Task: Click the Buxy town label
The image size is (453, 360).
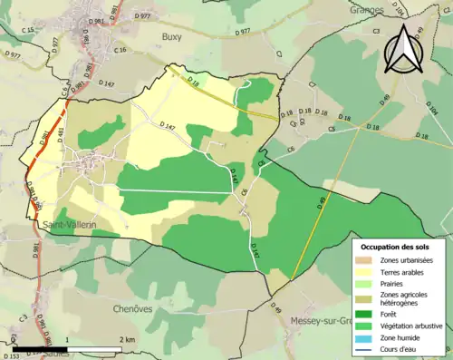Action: (172, 37)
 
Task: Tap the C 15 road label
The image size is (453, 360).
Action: (28, 30)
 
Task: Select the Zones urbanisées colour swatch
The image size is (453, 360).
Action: (366, 261)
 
